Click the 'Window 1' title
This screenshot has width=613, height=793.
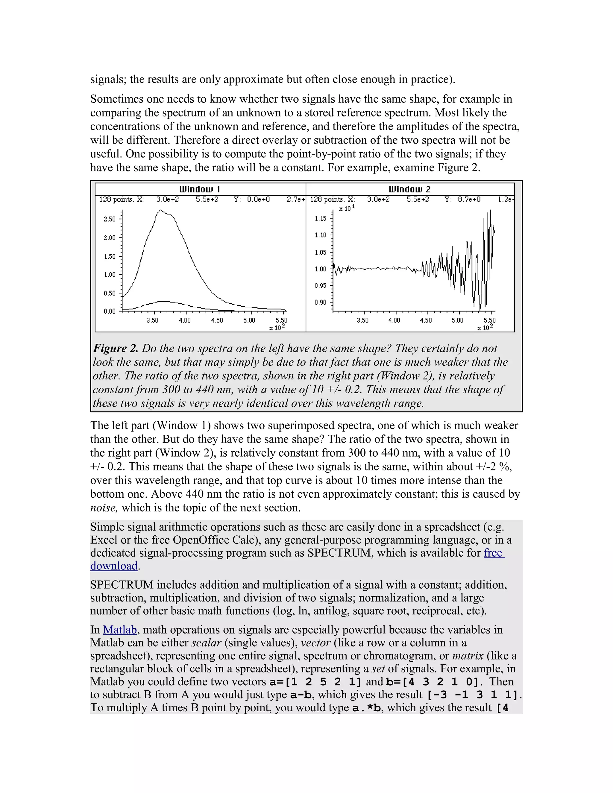tap(200, 189)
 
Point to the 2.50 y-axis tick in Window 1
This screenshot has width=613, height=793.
tap(110, 219)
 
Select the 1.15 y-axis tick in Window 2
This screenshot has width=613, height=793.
tap(320, 218)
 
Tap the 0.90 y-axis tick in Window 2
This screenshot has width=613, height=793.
tap(320, 303)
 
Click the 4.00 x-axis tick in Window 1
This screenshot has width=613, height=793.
tap(185, 320)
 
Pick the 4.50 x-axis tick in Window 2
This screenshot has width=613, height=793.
tap(426, 320)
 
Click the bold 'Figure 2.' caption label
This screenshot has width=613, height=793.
tap(116, 348)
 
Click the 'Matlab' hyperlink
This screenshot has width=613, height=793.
tap(120, 630)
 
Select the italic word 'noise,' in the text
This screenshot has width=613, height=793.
tap(104, 508)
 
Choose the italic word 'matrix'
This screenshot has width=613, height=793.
tap(468, 656)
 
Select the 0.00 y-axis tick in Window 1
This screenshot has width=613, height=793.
tap(110, 311)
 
